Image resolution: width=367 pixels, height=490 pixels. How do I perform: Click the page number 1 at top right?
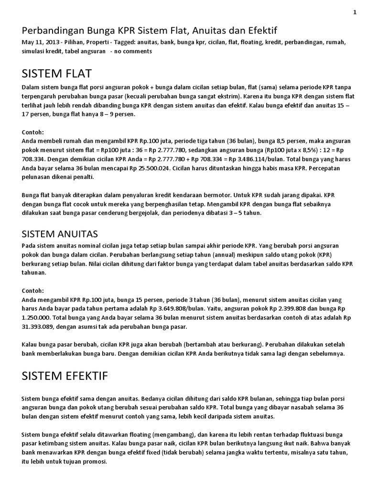[355, 12]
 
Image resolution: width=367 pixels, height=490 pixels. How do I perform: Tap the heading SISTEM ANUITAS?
[60, 234]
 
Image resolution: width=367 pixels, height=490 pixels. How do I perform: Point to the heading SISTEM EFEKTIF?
[65, 376]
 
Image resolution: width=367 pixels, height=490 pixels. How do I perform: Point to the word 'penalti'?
[82, 177]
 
